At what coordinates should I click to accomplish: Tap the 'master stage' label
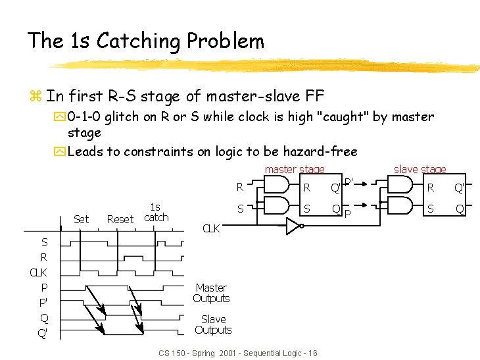(x=294, y=170)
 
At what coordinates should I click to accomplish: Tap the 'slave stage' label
(x=420, y=170)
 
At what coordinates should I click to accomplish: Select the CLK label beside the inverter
(x=211, y=229)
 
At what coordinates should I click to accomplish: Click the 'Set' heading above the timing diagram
(x=82, y=219)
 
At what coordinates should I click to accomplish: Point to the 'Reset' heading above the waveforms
(x=120, y=219)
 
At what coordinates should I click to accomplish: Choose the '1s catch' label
(x=156, y=212)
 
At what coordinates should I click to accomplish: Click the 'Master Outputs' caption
(x=211, y=293)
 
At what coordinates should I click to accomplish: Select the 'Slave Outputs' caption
(x=213, y=324)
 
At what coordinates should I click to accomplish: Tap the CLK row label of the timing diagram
(x=38, y=272)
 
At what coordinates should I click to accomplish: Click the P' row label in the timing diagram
(x=43, y=303)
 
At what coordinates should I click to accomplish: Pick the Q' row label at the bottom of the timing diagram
(x=43, y=333)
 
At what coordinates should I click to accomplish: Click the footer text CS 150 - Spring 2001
(x=238, y=353)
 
